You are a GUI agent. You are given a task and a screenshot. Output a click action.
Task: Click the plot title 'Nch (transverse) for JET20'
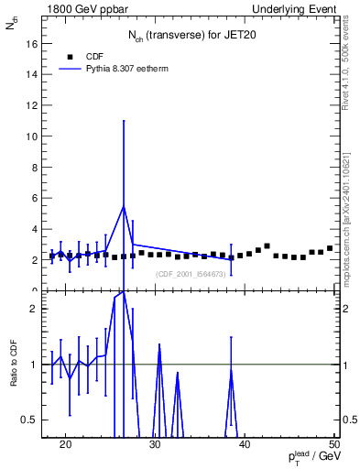[191, 36]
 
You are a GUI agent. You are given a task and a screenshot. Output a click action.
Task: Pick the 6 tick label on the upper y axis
[33, 198]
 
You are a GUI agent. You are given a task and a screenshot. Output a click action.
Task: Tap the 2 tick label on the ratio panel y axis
[33, 309]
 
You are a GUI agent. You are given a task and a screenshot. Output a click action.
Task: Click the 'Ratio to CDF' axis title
[14, 365]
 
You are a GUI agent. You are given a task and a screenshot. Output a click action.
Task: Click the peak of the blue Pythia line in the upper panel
[124, 206]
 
